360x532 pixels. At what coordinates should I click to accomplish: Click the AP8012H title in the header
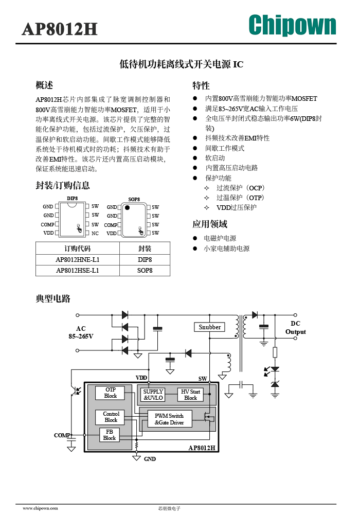click(x=60, y=29)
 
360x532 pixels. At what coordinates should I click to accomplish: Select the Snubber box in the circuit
click(x=209, y=327)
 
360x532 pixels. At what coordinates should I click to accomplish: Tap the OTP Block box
click(x=110, y=393)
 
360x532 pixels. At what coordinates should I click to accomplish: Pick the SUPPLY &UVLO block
click(x=153, y=395)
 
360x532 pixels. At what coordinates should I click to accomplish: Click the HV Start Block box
click(x=190, y=395)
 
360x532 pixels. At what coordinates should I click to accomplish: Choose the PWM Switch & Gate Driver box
click(x=170, y=419)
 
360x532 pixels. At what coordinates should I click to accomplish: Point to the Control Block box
click(x=111, y=417)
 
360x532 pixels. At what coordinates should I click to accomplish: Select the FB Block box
click(x=109, y=435)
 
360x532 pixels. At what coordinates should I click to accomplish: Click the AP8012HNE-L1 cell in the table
click(x=78, y=259)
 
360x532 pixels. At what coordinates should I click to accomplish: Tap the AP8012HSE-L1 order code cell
click(x=78, y=271)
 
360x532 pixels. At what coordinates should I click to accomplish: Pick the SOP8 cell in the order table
click(x=145, y=271)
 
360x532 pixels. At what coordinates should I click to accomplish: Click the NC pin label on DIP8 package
click(x=95, y=234)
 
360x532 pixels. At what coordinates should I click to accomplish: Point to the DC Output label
click(x=295, y=328)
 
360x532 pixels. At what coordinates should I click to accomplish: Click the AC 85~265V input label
click(x=81, y=332)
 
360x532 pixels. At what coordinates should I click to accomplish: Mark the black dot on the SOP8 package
click(x=127, y=207)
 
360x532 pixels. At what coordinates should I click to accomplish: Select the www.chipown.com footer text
click(x=40, y=508)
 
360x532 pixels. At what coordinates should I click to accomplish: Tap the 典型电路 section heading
click(x=53, y=298)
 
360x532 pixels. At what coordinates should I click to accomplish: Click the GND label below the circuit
click(x=150, y=459)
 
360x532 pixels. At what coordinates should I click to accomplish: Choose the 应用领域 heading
click(x=210, y=224)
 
